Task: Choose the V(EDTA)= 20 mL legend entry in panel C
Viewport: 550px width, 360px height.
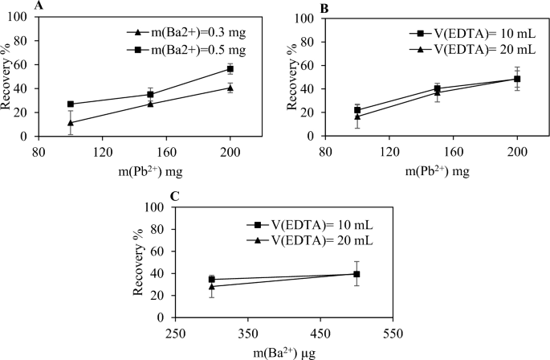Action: (318, 240)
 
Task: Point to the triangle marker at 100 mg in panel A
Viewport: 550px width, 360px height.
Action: (71, 123)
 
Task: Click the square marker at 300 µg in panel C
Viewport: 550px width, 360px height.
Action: (212, 280)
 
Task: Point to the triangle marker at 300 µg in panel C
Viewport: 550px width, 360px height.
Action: (212, 286)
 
